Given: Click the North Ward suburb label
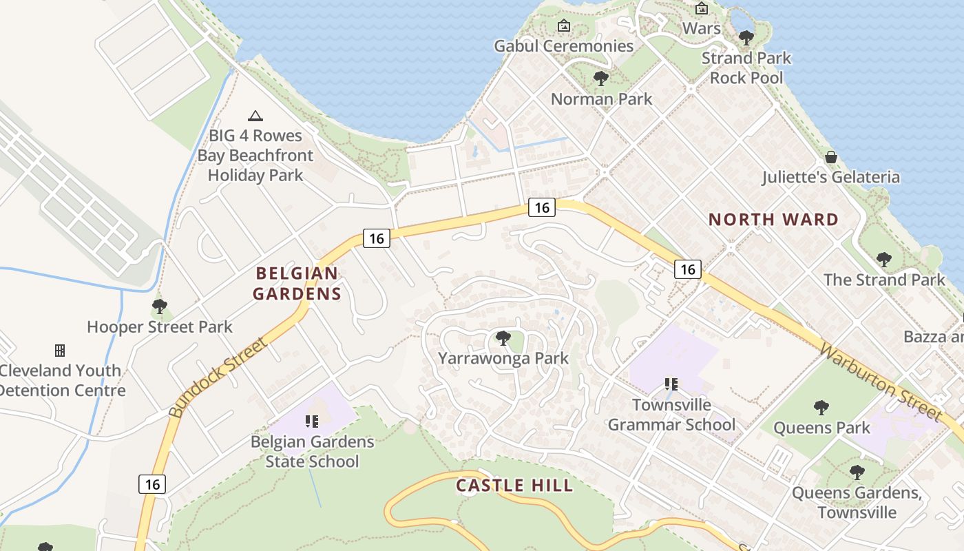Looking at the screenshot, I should pyautogui.click(x=773, y=220).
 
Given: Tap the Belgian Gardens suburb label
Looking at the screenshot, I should pyautogui.click(x=297, y=283).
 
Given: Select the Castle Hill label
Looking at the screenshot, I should pyautogui.click(x=514, y=486).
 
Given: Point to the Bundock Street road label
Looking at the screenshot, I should pyautogui.click(x=217, y=377).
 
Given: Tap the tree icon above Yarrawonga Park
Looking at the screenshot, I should pyautogui.click(x=503, y=338).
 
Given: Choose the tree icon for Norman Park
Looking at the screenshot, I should pyautogui.click(x=601, y=79).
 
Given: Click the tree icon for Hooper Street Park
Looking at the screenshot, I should pyautogui.click(x=160, y=306).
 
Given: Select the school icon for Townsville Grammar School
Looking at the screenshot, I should pyautogui.click(x=671, y=384).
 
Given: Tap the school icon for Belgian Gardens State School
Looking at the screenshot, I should pyautogui.click(x=312, y=421).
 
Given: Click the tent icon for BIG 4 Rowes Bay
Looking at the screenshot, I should pyautogui.click(x=255, y=116).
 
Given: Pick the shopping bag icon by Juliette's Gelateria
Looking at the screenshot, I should pyautogui.click(x=831, y=157).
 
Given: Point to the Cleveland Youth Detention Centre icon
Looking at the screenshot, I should pyautogui.click(x=60, y=351).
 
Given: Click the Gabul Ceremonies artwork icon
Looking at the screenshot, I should pyautogui.click(x=564, y=26).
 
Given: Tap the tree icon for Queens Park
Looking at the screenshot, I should pyautogui.click(x=821, y=408).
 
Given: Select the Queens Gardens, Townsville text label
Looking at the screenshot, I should pyautogui.click(x=857, y=503).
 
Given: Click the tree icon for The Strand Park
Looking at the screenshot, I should pyautogui.click(x=884, y=260).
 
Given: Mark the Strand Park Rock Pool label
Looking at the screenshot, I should pyautogui.click(x=746, y=68).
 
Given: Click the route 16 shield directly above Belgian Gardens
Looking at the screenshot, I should pyautogui.click(x=376, y=238).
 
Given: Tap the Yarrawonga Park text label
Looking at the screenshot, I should pyautogui.click(x=503, y=358).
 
